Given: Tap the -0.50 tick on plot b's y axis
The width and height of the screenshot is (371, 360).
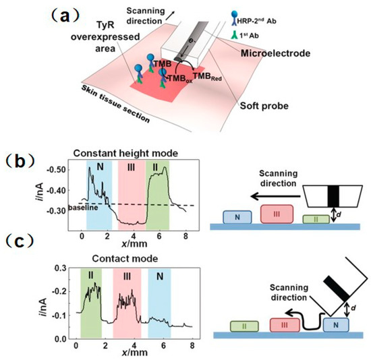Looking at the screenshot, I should pos(62,168).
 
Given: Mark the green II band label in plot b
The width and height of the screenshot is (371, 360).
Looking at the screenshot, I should pos(157,166).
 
